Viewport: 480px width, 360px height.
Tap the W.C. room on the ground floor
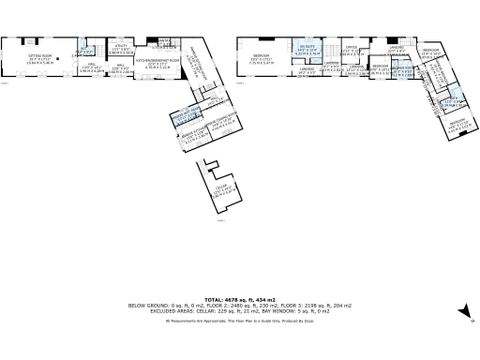pos(85,51)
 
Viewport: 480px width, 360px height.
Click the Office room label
pos(352,51)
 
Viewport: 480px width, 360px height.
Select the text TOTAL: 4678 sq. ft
pos(239,294)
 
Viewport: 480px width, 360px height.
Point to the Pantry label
pos(162,43)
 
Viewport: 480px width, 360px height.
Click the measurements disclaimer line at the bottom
pos(239,321)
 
